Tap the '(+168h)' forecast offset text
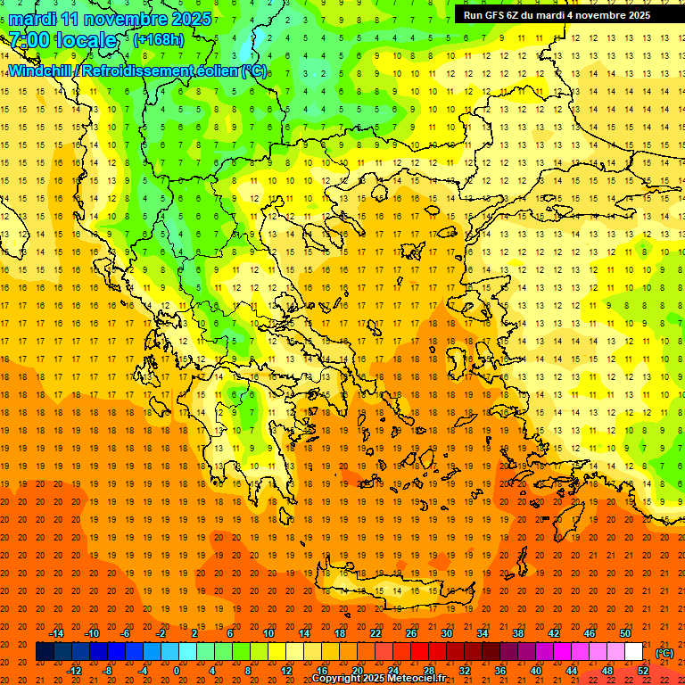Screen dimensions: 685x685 (158, 39)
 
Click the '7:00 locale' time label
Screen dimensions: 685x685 (62, 40)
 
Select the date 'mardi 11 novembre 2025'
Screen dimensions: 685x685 (111, 19)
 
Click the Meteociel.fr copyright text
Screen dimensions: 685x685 (378, 679)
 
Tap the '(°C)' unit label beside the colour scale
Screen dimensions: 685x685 (664, 653)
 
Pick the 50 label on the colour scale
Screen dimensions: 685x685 (625, 633)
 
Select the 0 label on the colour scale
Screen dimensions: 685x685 (177, 671)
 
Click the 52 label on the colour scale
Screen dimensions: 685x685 (643, 671)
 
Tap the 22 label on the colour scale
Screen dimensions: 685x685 (376, 633)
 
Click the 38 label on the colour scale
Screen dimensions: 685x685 (518, 633)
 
